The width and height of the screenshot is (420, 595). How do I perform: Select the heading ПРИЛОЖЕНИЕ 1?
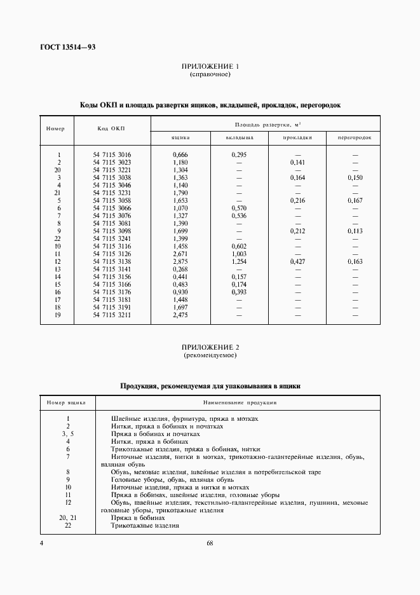coord(210,67)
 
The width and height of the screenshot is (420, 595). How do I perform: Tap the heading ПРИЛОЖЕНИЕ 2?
coord(210,348)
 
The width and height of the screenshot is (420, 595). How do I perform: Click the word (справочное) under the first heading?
coord(210,74)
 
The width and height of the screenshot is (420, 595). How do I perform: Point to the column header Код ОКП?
coord(111,128)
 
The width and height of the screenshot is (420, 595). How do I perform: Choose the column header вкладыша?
coord(240,137)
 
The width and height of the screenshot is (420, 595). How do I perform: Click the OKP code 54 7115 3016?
coord(112,155)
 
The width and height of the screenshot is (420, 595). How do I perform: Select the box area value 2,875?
coord(181,262)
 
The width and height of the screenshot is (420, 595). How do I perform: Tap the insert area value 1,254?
coord(240,262)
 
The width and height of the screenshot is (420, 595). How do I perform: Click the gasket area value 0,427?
coord(297,262)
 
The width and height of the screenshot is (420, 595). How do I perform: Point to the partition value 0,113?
coord(355,231)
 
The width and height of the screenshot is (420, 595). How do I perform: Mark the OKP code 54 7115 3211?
coord(112,315)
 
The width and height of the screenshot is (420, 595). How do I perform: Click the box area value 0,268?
coord(181,270)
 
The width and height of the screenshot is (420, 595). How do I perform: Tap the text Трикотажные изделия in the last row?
coord(145,526)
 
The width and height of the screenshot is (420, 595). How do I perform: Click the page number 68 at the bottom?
coord(210,543)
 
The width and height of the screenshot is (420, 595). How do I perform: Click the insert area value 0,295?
coord(240,155)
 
